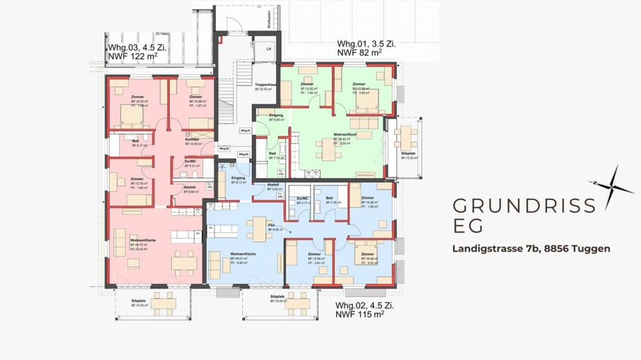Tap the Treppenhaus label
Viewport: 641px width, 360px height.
pos(265,85)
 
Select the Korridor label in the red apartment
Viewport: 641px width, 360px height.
pos(192,139)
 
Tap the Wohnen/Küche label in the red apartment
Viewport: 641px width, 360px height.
pos(143,240)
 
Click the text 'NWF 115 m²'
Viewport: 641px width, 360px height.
pos(360,314)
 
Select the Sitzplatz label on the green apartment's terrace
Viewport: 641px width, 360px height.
pos(405,154)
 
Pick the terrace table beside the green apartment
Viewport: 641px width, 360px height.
pos(405,135)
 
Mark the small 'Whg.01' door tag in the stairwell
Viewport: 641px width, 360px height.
pos(244,131)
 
